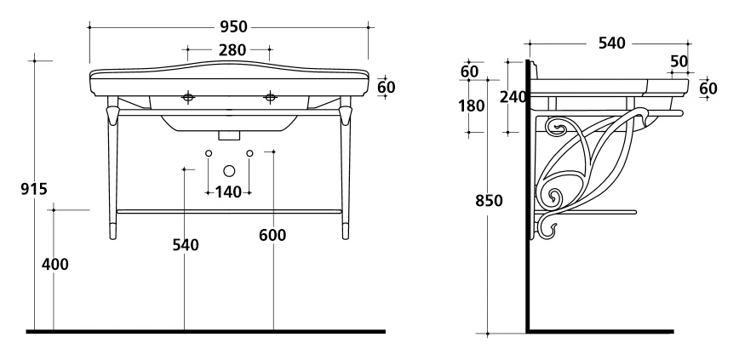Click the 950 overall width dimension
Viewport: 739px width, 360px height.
pos(233,27)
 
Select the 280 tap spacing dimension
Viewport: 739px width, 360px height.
pos(232,49)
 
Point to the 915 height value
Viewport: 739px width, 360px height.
pos(34,189)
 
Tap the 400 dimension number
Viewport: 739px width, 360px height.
pos(55,265)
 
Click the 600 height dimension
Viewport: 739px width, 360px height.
pos(272,235)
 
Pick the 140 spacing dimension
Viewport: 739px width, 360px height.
pos(228,192)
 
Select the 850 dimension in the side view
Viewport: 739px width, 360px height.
pos(489,201)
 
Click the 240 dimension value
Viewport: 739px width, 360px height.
pos(513,97)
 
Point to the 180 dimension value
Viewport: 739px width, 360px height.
pos(472,106)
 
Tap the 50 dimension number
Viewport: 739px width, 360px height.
pos(679,62)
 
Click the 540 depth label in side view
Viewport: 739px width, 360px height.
pos(612,43)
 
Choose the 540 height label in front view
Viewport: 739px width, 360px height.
pos(186,245)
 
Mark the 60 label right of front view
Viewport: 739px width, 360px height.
pos(387,87)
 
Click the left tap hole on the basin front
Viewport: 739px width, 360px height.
pos(188,97)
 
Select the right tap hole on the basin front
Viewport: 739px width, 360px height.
pos(270,97)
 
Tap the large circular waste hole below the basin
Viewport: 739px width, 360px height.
pos(229,170)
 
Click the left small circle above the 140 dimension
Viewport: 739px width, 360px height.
pos(209,153)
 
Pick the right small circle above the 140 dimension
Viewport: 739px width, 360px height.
pos(249,153)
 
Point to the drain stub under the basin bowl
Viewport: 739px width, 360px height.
pos(229,135)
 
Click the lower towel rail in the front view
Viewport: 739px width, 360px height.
pos(229,212)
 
